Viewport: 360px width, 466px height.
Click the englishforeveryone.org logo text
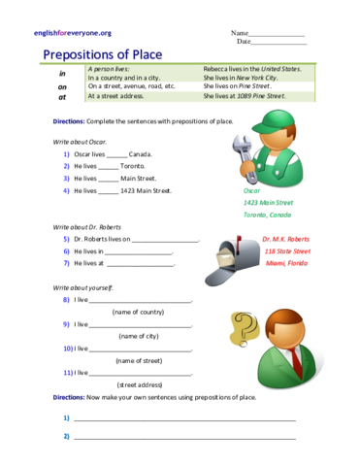pos(72,33)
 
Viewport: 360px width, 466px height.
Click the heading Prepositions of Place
pos(104,54)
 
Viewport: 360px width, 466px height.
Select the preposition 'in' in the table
pos(63,73)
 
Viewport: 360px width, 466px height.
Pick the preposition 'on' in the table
pos(63,85)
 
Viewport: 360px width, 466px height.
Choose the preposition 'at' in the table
pos(63,97)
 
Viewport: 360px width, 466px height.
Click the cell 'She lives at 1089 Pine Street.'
pos(245,97)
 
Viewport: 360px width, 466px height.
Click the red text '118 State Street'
pos(285,250)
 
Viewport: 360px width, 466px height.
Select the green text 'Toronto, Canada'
pos(267,215)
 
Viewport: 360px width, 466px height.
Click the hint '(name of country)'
pos(138,313)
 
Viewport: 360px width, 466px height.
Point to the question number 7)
pos(66,263)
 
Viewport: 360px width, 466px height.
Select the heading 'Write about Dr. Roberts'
pos(90,226)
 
